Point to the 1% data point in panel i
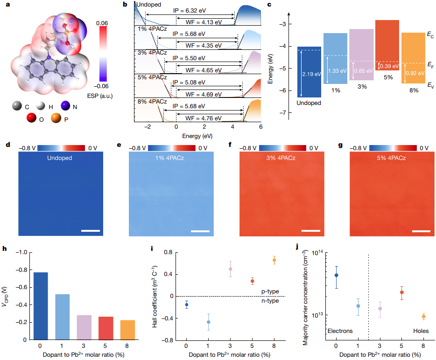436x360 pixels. (209, 322)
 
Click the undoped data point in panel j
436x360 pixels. (336, 275)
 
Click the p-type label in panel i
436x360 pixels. (270, 291)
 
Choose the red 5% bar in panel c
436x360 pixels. (387, 44)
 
